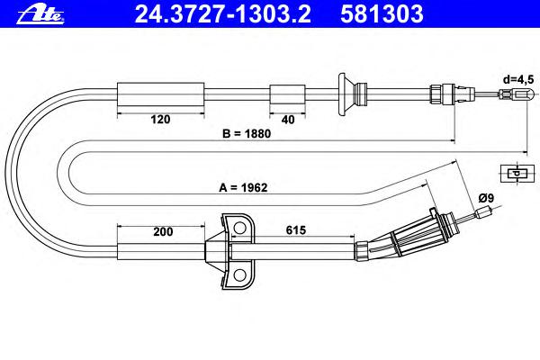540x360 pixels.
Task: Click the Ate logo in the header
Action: click(x=40, y=15)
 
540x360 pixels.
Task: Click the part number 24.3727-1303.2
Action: click(x=223, y=14)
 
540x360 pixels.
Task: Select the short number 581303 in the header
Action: click(x=382, y=14)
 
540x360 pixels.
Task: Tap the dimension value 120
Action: click(x=160, y=120)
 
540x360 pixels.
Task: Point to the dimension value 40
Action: click(x=288, y=120)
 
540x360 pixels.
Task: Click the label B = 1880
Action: click(x=247, y=134)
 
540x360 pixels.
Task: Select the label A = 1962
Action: click(x=243, y=188)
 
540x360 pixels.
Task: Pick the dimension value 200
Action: click(x=163, y=231)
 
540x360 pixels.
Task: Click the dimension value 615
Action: click(x=296, y=230)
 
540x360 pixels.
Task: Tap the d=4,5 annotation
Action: click(x=518, y=79)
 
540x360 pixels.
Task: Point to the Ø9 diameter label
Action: click(x=486, y=198)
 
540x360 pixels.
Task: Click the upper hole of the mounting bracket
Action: click(x=239, y=228)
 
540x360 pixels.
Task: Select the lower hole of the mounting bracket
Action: click(x=239, y=274)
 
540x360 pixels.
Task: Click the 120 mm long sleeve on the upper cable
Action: click(x=160, y=94)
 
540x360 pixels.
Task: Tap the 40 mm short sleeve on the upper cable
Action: click(x=287, y=94)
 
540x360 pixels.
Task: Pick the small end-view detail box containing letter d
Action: click(x=513, y=173)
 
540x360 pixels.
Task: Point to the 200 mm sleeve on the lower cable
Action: click(x=161, y=251)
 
